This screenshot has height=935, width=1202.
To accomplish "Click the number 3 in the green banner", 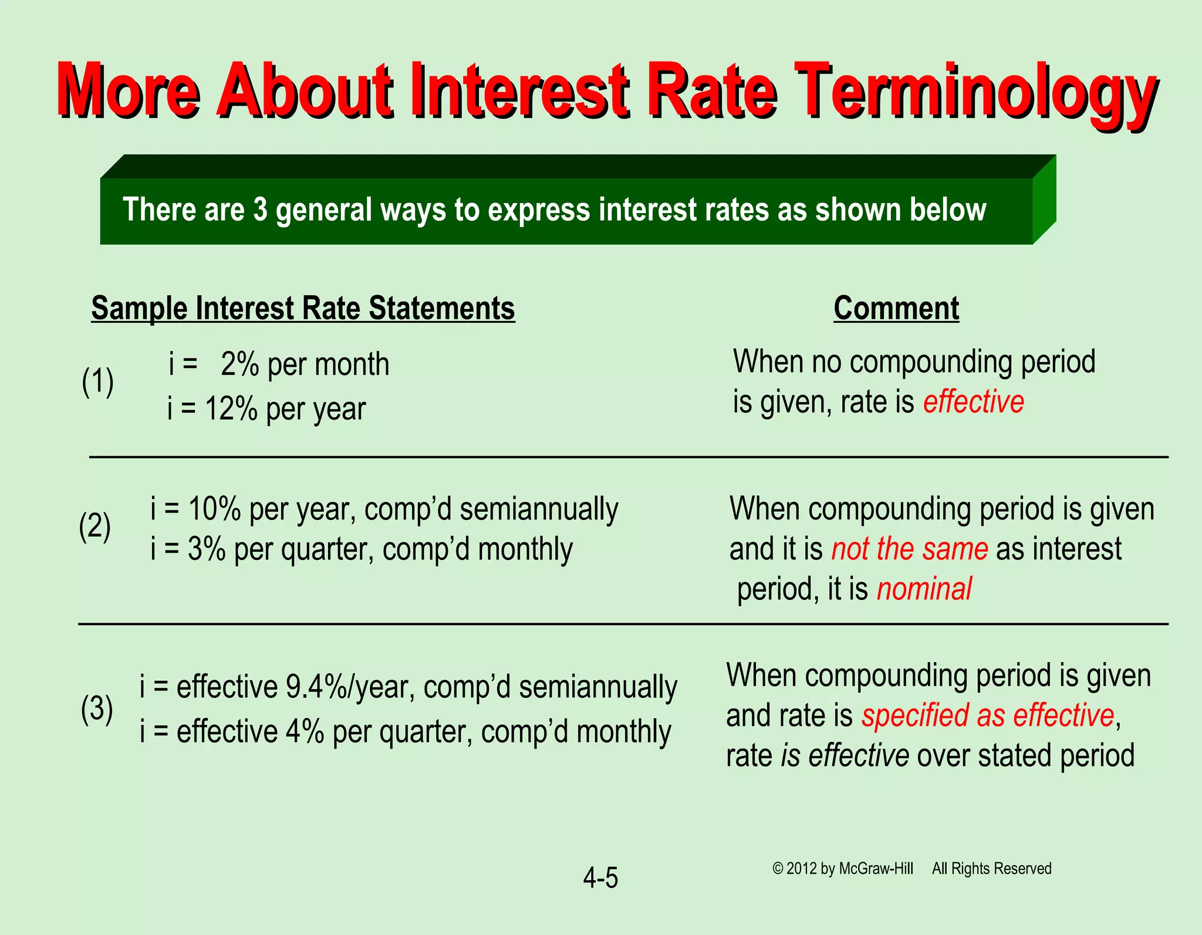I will click(260, 210).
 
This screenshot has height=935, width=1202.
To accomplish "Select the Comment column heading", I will click(896, 308).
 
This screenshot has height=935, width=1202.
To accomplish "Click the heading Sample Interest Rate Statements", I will click(303, 308).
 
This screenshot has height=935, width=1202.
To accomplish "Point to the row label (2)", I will click(95, 526).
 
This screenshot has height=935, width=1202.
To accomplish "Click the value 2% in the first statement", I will click(239, 364).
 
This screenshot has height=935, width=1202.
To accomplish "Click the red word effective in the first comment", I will click(973, 402).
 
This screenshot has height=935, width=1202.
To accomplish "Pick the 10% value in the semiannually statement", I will click(214, 508).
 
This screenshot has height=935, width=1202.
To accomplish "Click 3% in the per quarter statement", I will click(207, 549).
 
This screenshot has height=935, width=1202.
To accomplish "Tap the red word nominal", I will click(924, 589).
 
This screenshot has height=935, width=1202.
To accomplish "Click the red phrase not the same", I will click(909, 549).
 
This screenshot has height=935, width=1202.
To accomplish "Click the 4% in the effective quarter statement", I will click(305, 731).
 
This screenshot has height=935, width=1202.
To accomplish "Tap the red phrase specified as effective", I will click(987, 715).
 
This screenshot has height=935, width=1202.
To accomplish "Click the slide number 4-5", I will click(600, 878).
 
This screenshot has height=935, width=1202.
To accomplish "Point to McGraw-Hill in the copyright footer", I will click(876, 869).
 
